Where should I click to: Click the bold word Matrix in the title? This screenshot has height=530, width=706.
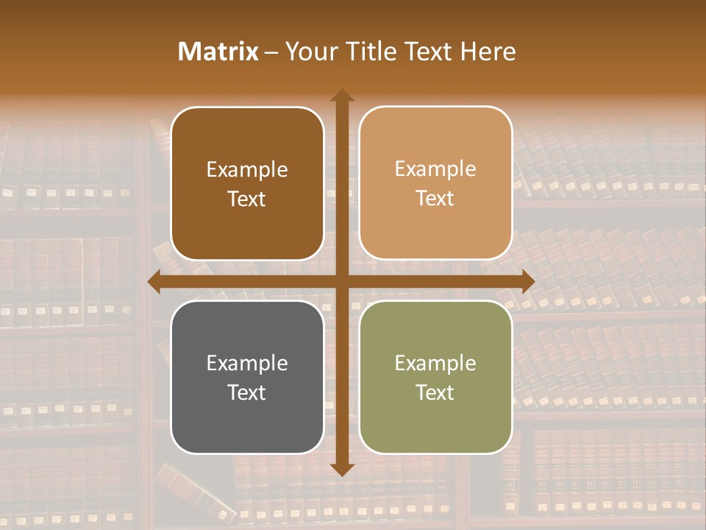(x=218, y=52)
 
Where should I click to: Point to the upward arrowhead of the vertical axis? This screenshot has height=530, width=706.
(x=341, y=96)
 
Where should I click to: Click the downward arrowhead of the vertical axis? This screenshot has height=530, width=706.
(x=341, y=469)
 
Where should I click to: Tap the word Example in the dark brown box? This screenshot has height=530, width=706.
(x=247, y=170)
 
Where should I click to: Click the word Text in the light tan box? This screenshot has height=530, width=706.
(x=435, y=199)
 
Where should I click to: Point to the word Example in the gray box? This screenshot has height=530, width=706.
(x=247, y=363)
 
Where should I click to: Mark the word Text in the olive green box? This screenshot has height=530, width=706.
(x=435, y=392)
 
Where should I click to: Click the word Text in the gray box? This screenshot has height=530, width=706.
(x=247, y=392)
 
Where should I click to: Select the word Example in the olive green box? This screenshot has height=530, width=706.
(x=435, y=363)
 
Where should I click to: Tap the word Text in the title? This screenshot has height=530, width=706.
(x=430, y=52)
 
